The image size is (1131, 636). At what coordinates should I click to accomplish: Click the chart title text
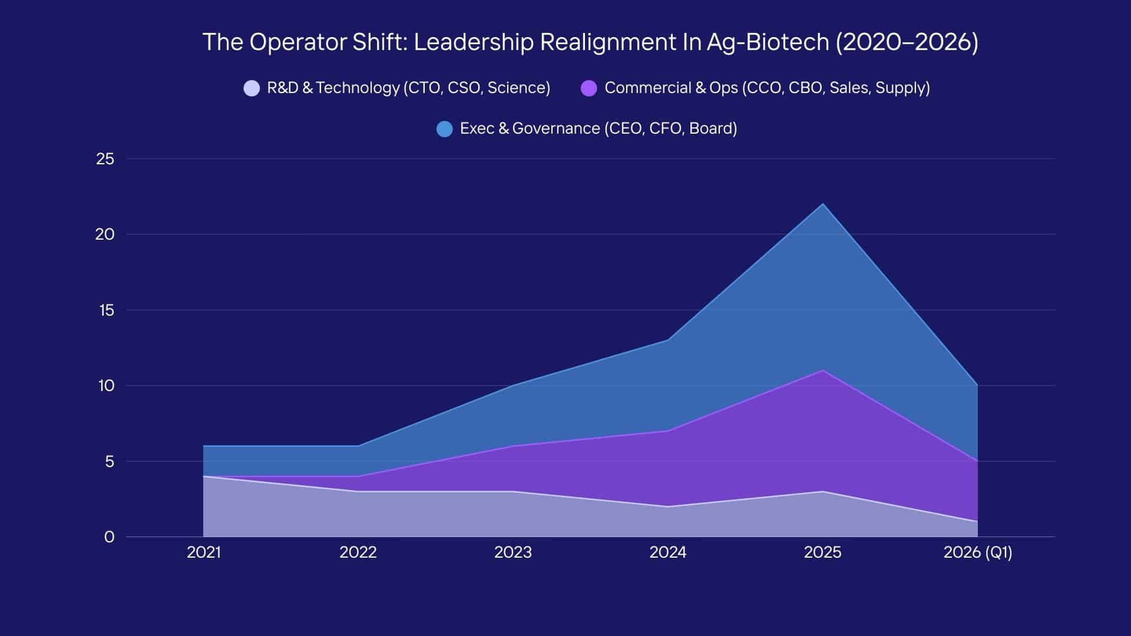coord(590,42)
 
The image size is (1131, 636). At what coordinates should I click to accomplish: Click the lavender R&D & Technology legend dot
coord(252,88)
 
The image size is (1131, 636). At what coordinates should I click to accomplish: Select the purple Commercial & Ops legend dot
coord(589,88)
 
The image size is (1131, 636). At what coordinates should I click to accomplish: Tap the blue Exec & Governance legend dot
coord(445,129)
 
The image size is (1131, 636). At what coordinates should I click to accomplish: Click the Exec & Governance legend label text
coord(598,128)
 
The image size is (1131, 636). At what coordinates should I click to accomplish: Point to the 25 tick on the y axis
coord(105,159)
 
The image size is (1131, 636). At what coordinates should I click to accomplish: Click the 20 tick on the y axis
coord(105,234)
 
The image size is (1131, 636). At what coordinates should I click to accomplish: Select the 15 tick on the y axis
coord(106,310)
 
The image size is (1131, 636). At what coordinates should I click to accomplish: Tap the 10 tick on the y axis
coord(106,386)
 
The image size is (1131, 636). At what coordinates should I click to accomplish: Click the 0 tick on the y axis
coord(109,537)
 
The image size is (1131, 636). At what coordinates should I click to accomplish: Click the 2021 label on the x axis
coord(204,552)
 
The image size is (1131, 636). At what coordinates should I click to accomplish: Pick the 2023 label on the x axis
coord(513,552)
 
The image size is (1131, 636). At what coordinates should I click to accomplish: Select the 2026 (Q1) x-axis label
coord(978,552)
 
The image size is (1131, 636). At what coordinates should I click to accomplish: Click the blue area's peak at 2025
coord(823,204)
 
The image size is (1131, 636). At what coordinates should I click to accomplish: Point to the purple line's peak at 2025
coord(823,370)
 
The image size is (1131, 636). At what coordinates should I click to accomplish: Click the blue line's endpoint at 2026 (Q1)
coord(977,386)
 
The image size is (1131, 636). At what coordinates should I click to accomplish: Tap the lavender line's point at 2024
coord(668,506)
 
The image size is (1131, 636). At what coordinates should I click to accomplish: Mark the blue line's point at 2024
coord(668,340)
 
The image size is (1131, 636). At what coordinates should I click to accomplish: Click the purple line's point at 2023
coord(513,446)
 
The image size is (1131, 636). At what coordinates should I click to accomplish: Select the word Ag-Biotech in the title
coord(768,42)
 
